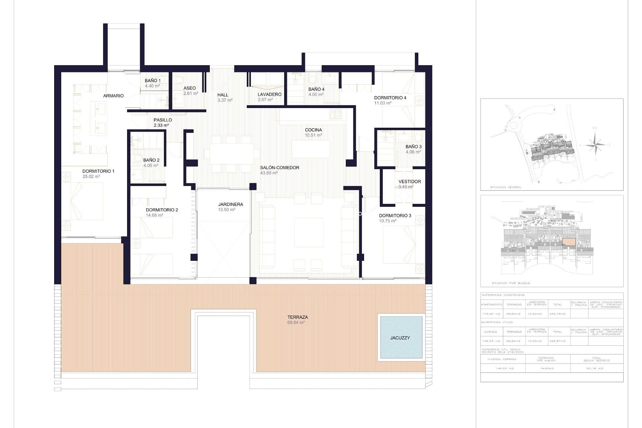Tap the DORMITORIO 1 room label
click(x=98, y=171)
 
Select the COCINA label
click(x=313, y=130)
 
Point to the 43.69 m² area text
click(x=269, y=173)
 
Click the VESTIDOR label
click(x=410, y=182)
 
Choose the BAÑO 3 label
click(x=413, y=146)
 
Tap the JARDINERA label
click(x=230, y=204)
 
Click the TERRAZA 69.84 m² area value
click(x=296, y=323)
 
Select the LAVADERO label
click(x=269, y=94)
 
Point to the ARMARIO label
click(x=113, y=96)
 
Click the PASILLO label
click(x=163, y=120)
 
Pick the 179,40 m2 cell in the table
click(x=491, y=314)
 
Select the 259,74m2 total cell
click(x=557, y=314)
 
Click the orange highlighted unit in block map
click(x=569, y=242)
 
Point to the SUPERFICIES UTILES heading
click(x=497, y=322)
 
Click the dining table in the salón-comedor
click(x=231, y=154)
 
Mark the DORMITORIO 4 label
click(x=390, y=98)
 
